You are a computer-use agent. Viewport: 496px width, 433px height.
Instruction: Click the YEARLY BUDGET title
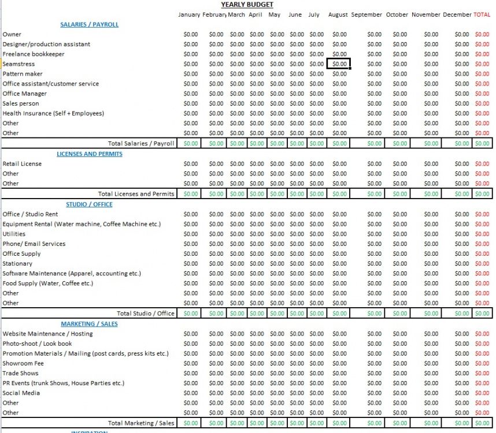coord(247,5)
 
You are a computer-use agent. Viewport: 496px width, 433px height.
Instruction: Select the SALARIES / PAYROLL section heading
coord(89,25)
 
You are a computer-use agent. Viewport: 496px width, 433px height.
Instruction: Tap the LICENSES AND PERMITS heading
coord(89,154)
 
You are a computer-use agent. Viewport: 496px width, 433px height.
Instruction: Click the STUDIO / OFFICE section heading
coord(89,204)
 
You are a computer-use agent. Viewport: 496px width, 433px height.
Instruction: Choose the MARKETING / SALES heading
coord(89,324)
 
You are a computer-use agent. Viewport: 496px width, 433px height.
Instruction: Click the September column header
coord(367,15)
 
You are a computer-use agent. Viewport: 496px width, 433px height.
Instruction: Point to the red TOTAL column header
coord(482,15)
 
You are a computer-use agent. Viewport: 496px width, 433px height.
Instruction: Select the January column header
coord(189,15)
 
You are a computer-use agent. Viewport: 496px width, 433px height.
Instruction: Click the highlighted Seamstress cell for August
coord(339,64)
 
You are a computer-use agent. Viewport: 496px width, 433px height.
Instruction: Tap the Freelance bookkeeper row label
coord(34,54)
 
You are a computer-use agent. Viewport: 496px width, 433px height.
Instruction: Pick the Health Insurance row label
coord(53,113)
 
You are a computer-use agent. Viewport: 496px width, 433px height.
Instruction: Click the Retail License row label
coord(22,164)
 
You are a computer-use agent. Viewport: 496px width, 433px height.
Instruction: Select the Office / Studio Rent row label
coord(30,214)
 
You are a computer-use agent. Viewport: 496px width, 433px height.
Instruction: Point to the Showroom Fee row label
coord(23,364)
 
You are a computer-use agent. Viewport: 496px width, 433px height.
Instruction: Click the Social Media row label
coord(21,393)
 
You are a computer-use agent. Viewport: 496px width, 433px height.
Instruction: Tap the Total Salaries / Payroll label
coord(141,143)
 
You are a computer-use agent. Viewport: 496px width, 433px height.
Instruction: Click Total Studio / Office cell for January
coord(190,313)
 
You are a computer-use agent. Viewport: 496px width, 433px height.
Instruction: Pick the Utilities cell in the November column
coord(431,234)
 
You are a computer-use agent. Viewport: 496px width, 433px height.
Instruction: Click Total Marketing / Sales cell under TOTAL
coord(482,423)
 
